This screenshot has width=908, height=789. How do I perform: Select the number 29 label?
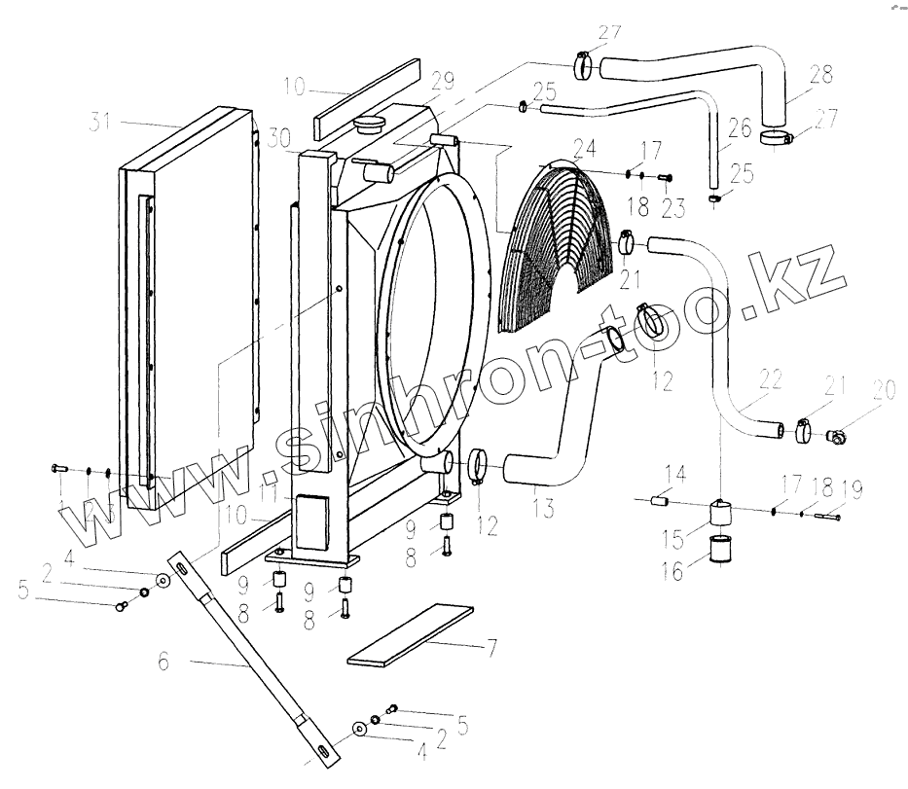[x=443, y=81]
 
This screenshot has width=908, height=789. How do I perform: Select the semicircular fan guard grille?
[x=550, y=248]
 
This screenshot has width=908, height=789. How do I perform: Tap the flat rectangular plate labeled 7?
[x=409, y=636]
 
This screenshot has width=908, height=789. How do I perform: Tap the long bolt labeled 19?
[x=826, y=517]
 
